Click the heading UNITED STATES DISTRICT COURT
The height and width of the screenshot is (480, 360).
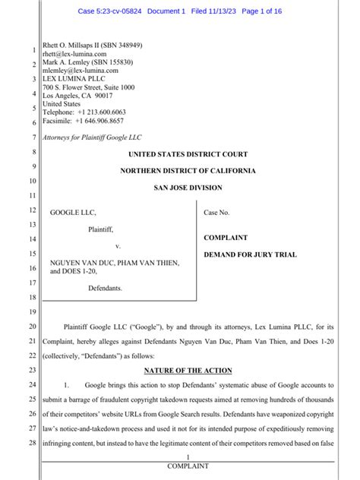(x=188, y=154)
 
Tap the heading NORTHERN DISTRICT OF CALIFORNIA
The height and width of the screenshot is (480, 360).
(x=188, y=171)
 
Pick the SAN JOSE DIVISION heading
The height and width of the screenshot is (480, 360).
(x=188, y=188)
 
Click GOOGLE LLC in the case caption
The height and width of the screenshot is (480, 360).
(x=73, y=213)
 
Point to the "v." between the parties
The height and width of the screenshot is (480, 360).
(x=118, y=247)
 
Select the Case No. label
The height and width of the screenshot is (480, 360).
(x=216, y=213)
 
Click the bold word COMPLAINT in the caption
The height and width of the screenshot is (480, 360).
(x=226, y=238)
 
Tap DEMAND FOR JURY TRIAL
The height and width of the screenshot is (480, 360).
(x=249, y=254)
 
